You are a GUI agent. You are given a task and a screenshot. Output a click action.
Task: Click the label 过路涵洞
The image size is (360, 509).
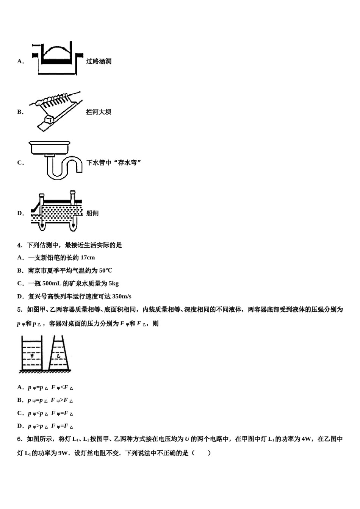point(99,61)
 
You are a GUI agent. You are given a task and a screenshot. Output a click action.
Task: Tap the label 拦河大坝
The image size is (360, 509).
point(99,112)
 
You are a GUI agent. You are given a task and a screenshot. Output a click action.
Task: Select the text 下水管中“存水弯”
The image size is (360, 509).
point(114,163)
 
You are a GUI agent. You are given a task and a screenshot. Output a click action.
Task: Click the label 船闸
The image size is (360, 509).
point(92,213)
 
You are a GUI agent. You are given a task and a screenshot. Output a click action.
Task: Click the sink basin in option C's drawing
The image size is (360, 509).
point(49,148)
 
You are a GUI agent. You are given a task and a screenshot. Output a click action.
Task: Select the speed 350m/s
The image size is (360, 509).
point(122,297)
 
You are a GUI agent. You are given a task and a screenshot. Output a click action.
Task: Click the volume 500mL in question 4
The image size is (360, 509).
point(52,284)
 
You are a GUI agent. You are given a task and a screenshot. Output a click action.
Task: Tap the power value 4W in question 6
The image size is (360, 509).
point(306,439)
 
